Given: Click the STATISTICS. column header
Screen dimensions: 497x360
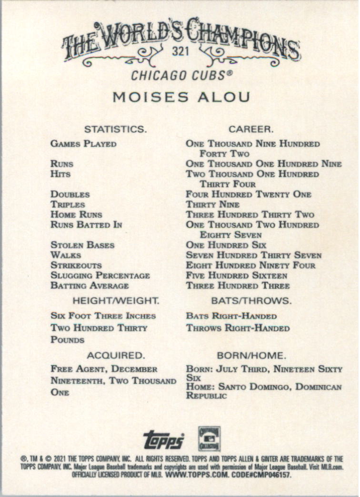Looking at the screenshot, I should pos(115,129).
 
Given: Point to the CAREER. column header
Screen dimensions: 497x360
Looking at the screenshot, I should pos(251,129).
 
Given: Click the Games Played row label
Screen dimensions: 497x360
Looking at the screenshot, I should pos(83,144).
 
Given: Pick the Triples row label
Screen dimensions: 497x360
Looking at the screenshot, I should pos(68,204).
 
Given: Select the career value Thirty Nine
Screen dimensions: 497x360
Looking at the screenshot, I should pos(212,204).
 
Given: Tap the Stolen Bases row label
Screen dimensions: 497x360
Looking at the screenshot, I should pos(82,245).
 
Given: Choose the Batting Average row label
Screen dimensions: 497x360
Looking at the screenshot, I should pos(90,286).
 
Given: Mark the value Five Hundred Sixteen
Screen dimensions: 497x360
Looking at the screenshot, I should pos(237,276).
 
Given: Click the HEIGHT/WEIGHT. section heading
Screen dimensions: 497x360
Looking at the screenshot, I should pos(116,301).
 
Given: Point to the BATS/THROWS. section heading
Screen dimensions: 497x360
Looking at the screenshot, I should pos(251,301).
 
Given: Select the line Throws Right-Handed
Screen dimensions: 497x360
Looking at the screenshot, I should pos(238,328).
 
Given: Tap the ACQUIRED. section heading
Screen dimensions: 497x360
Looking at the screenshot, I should pos(115,355).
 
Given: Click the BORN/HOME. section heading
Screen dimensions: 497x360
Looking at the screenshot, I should pos(251,355).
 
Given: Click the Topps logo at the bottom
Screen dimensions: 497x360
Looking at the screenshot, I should pos(163,439).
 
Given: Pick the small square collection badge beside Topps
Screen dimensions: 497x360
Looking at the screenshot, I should pos(209,438).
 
